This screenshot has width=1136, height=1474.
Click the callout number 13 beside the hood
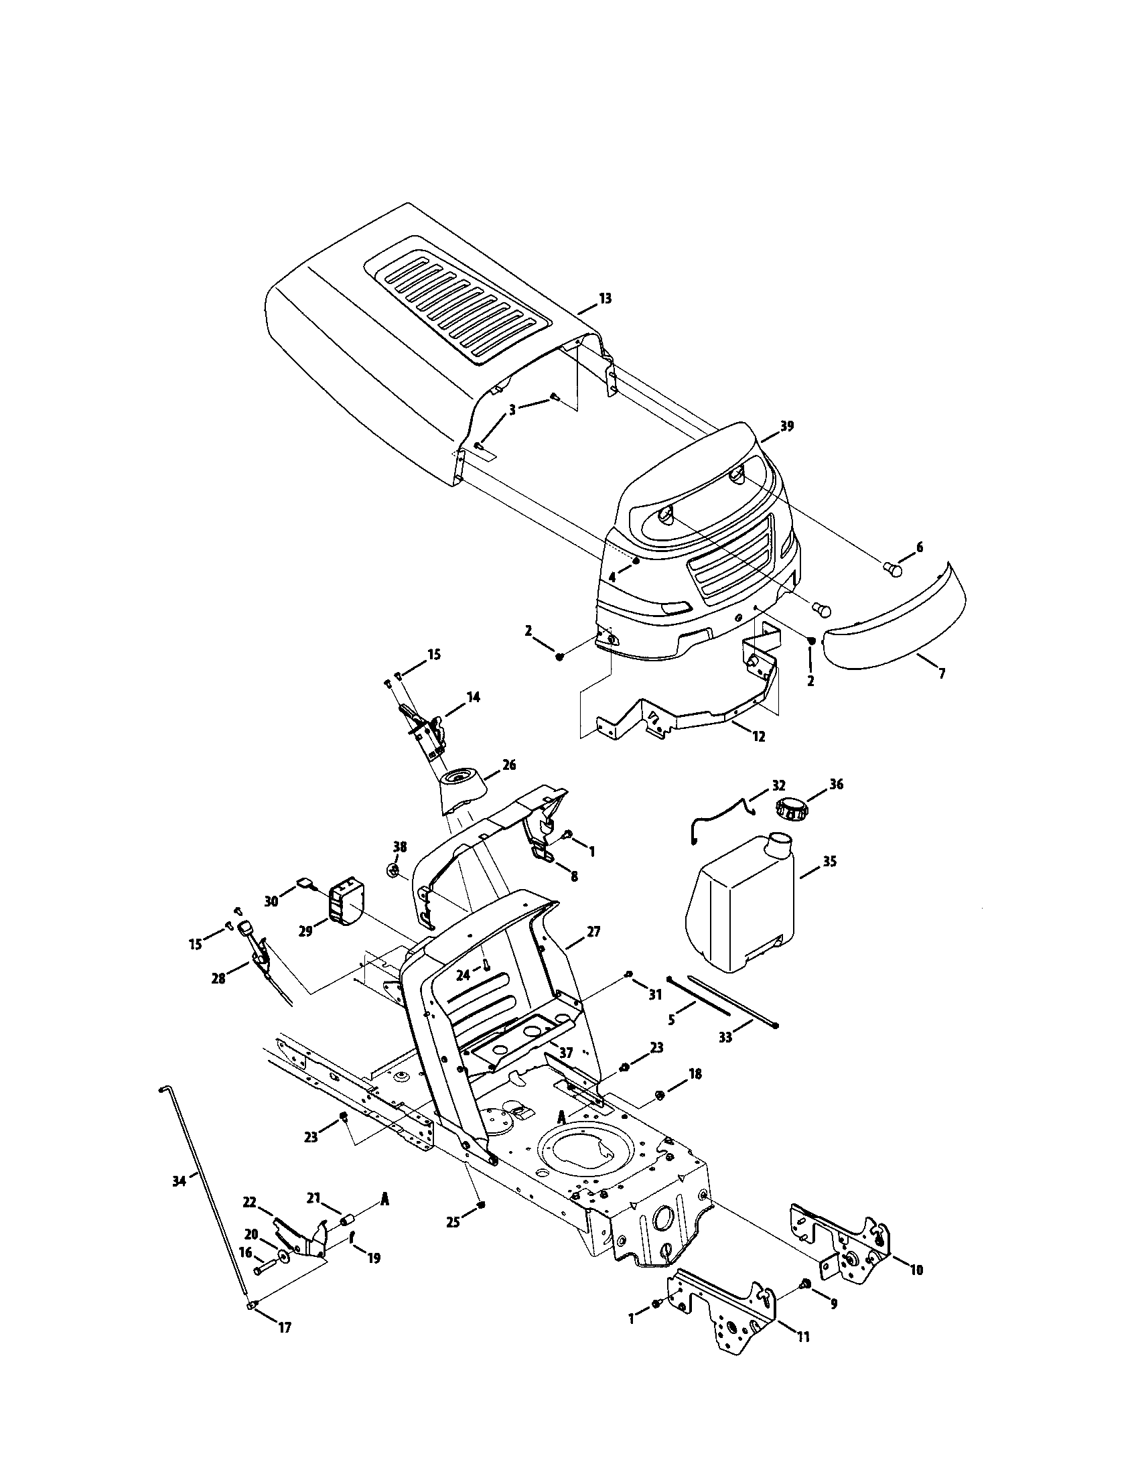click(605, 298)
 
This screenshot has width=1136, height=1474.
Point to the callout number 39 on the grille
click(786, 426)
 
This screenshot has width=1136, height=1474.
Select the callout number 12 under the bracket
click(759, 737)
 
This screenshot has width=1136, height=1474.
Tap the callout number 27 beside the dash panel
click(593, 932)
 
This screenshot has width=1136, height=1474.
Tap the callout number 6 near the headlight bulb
click(919, 547)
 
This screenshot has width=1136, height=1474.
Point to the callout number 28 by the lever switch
click(218, 978)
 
